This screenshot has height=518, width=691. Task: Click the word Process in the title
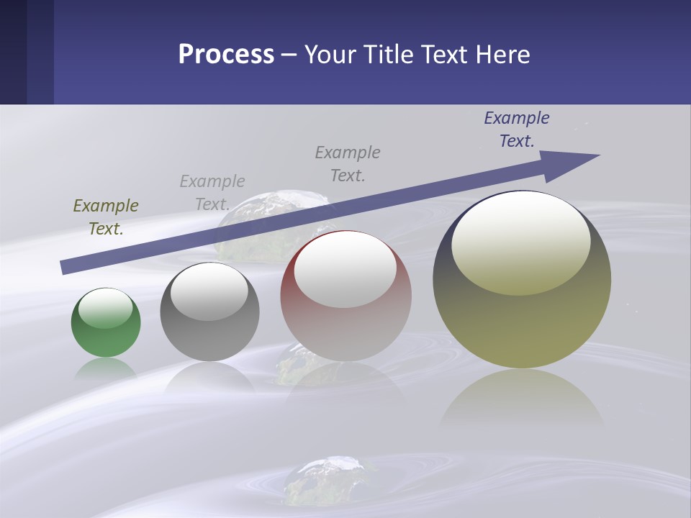(226, 55)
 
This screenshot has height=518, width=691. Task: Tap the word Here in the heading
(502, 55)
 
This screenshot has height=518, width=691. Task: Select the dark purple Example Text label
(517, 129)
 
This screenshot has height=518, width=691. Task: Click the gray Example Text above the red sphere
(348, 163)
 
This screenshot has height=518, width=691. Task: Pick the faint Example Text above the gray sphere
(212, 192)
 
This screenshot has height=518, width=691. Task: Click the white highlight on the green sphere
(106, 307)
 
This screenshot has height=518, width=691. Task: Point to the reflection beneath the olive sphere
(522, 399)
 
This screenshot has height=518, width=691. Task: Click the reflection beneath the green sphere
(106, 368)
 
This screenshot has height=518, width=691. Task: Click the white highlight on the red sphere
(345, 269)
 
